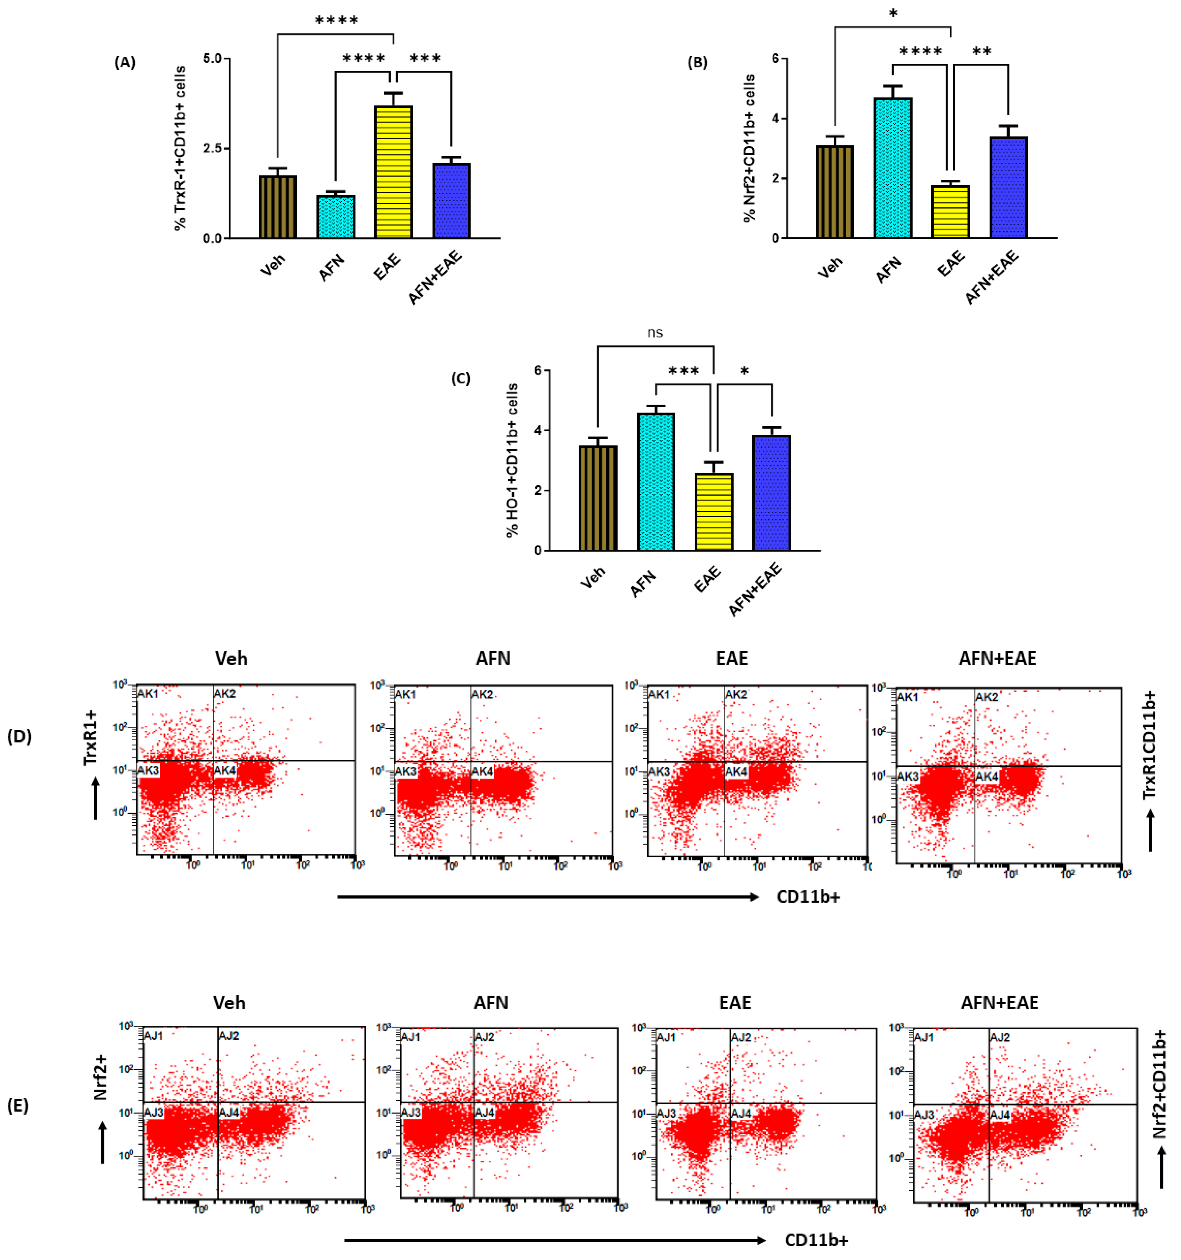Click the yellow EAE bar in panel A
[x=393, y=172]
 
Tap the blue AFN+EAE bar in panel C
[x=771, y=492]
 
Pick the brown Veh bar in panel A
[x=278, y=207]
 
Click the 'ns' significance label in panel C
[x=655, y=333]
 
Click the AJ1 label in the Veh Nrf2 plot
[x=153, y=1036]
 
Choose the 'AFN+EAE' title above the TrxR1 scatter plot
[x=997, y=658]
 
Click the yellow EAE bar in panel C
[x=714, y=511]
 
